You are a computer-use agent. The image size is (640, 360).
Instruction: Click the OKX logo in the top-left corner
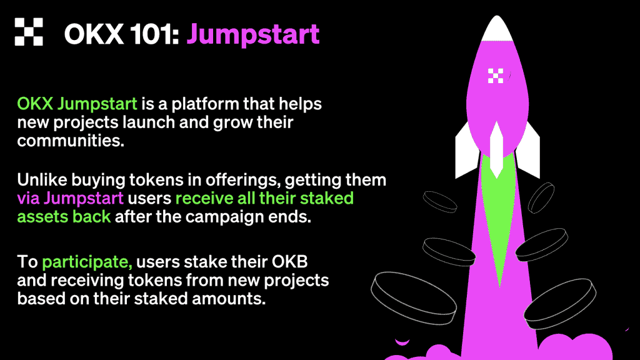pyautogui.click(x=29, y=31)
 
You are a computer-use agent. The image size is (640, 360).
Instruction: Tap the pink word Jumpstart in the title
pyautogui.click(x=253, y=35)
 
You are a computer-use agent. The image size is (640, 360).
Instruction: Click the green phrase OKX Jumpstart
pyautogui.click(x=77, y=104)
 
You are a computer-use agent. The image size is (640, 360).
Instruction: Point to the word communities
pyautogui.click(x=71, y=141)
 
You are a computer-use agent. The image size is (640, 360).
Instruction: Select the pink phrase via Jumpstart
pyautogui.click(x=70, y=199)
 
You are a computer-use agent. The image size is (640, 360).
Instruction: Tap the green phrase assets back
pyautogui.click(x=64, y=217)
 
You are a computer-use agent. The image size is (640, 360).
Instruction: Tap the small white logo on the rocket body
pyautogui.click(x=496, y=76)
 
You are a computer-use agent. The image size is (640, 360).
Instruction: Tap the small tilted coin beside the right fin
pyautogui.click(x=541, y=198)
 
